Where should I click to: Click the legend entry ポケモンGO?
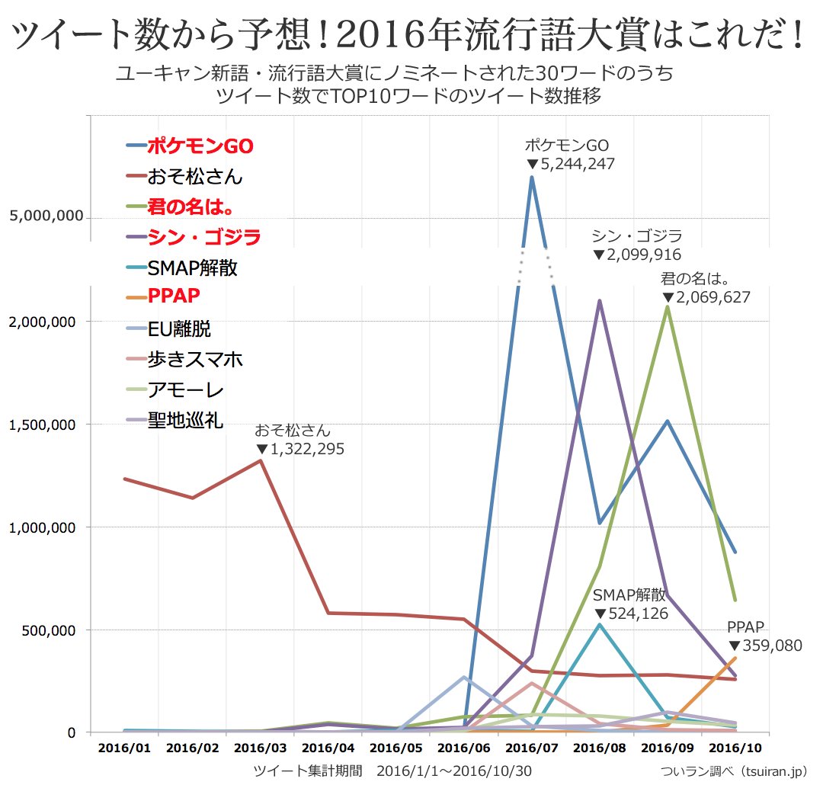click(x=200, y=146)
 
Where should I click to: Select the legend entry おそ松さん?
click(x=194, y=177)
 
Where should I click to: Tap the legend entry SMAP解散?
click(x=192, y=268)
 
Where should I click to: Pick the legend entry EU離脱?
click(x=178, y=329)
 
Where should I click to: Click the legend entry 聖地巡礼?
click(x=184, y=420)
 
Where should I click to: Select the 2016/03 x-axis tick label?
click(x=261, y=749)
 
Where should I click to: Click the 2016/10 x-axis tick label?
click(x=736, y=749)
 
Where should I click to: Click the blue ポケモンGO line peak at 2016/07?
click(x=531, y=178)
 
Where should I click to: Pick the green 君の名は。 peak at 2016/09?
click(x=668, y=306)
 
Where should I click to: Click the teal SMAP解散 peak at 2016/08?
click(x=600, y=624)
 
